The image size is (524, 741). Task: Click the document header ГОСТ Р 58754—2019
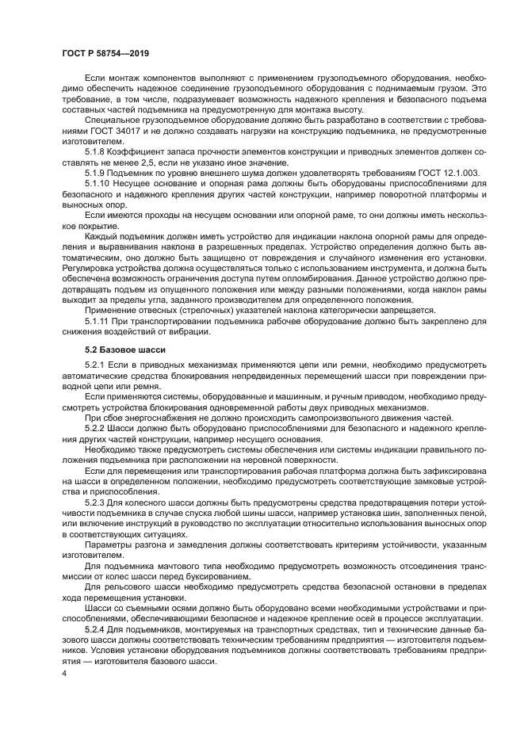click(x=105, y=52)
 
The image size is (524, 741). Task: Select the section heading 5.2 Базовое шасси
click(x=125, y=348)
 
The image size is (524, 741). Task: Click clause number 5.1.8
click(x=95, y=150)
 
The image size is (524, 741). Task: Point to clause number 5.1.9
click(x=95, y=172)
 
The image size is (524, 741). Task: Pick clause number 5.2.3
click(x=95, y=502)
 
